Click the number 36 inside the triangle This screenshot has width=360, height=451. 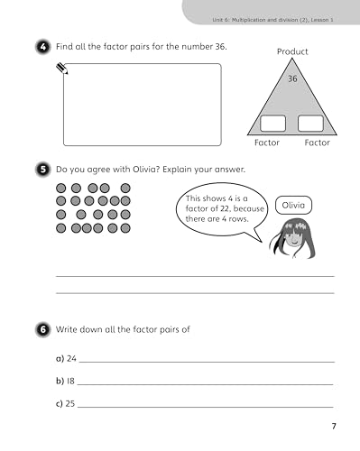[x=291, y=79]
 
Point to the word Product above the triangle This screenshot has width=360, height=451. [x=291, y=51]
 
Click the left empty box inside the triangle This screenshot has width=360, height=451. [x=272, y=124]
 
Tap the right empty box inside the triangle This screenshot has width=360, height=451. [x=310, y=124]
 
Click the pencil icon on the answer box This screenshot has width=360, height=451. [x=62, y=67]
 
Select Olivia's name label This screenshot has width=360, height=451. [x=293, y=206]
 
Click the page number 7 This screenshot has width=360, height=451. [x=333, y=427]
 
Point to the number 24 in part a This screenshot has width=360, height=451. [x=71, y=358]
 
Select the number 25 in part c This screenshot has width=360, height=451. [x=71, y=403]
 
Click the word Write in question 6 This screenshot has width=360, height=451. [x=69, y=330]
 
